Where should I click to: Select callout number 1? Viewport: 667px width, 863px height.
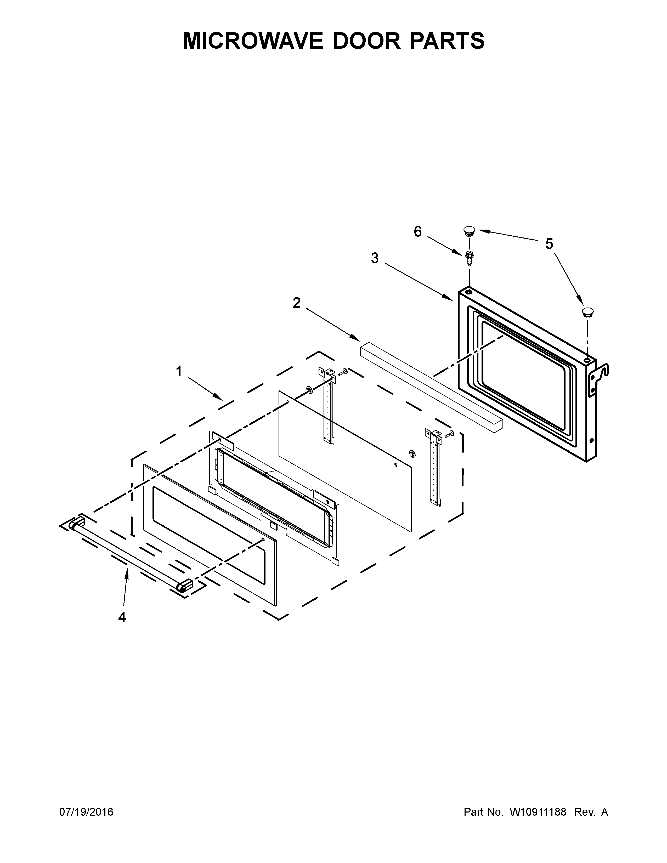point(179,371)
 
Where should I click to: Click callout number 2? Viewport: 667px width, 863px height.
point(296,303)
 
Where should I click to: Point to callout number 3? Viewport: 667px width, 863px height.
point(375,258)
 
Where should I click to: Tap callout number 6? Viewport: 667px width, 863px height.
point(418,231)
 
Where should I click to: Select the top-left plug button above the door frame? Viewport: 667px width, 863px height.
point(469,230)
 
